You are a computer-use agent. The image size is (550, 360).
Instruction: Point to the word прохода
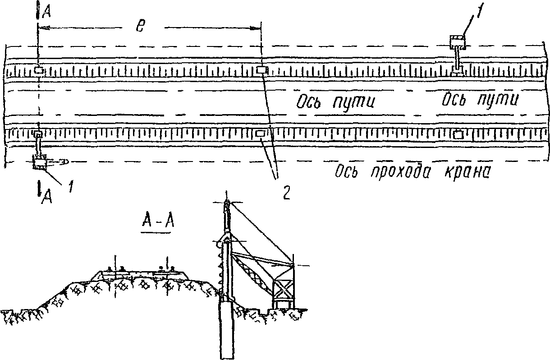coord(398,172)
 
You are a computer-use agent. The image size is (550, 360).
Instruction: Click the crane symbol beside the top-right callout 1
coord(458,43)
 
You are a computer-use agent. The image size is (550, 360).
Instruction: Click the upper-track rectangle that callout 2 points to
coord(261,69)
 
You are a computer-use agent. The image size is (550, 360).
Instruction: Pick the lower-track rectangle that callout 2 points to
coord(261,134)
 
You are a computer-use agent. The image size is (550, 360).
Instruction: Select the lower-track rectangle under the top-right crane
coord(458,134)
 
